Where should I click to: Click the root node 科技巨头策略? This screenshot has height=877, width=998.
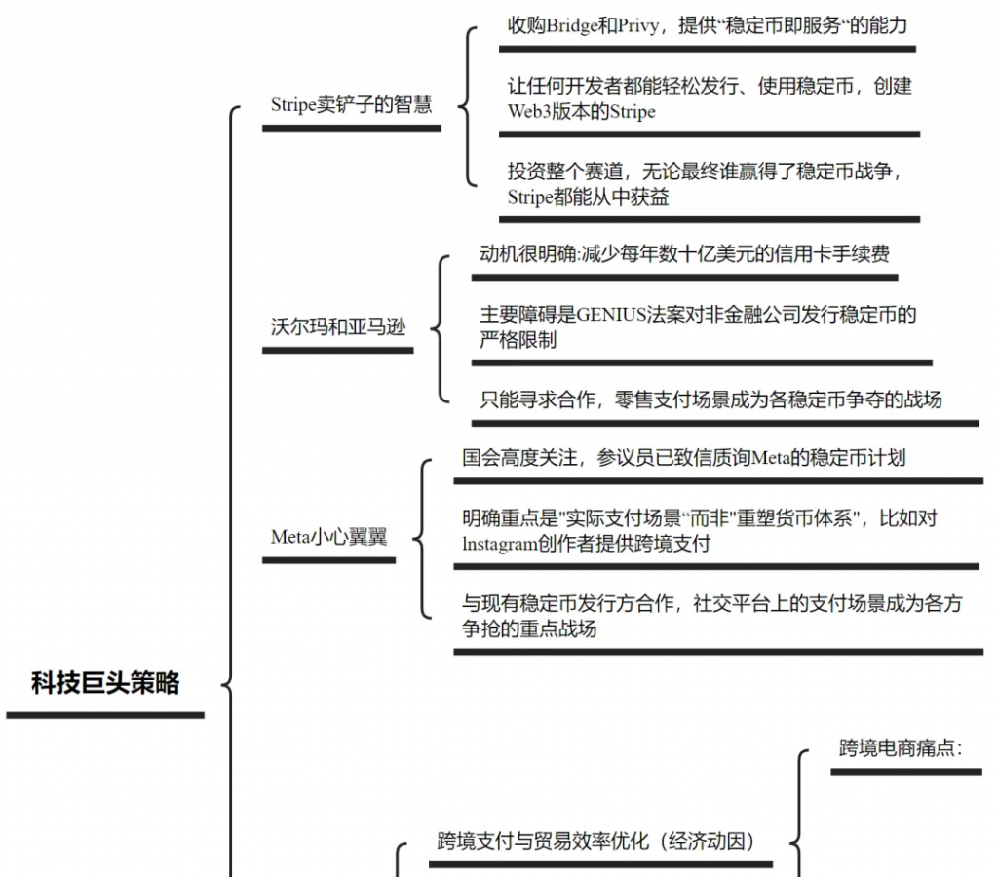tap(105, 683)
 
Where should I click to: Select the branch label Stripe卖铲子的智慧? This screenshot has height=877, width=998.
tap(351, 104)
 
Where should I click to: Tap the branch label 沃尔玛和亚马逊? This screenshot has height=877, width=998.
tap(337, 326)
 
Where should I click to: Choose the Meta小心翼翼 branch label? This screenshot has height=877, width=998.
tap(328, 536)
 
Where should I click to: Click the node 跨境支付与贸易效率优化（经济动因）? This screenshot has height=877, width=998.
tap(596, 840)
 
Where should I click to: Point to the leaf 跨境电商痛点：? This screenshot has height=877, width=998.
tap(901, 748)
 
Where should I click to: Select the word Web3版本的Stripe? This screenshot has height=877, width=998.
tap(581, 111)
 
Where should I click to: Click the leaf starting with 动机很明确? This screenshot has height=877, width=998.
tap(684, 255)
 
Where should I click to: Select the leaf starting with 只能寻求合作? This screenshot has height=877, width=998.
tap(710, 399)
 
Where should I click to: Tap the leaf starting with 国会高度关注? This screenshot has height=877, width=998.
tap(683, 457)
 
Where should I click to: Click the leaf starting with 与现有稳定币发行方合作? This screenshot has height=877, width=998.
tap(711, 616)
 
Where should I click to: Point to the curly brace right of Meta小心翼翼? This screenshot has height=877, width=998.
tap(420, 537)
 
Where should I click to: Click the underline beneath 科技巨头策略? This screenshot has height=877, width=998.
tap(105, 715)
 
